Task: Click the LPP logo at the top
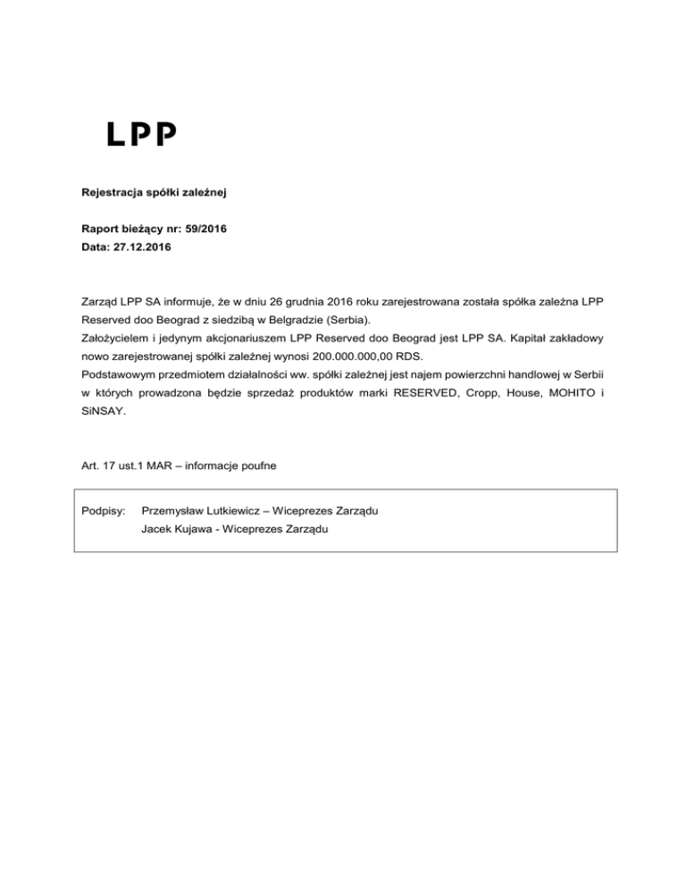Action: coord(142,134)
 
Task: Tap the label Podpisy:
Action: coord(101,510)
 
